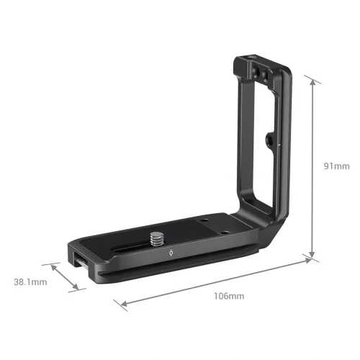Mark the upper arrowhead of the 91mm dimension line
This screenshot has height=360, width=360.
tap(313, 81)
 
